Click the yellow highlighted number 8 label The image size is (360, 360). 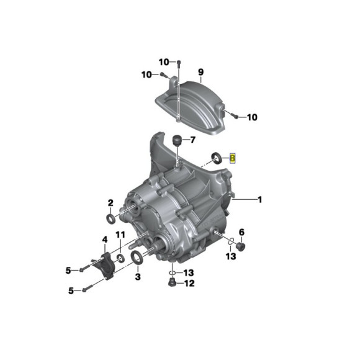click(233, 158)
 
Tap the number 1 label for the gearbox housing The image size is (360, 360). click(260, 199)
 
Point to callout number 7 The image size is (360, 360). click(192, 138)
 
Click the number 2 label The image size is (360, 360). click(110, 202)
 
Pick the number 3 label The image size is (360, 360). click(137, 277)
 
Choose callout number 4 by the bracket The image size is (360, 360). click(106, 240)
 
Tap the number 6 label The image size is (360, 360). click(242, 232)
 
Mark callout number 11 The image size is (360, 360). click(120, 234)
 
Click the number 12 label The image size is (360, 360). click(189, 284)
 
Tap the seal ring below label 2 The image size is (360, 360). click(110, 218)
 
